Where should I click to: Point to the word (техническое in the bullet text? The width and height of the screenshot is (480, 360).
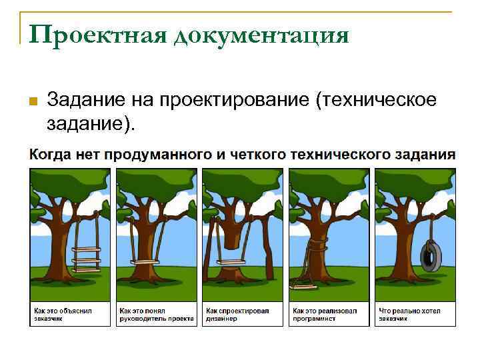coord(377,100)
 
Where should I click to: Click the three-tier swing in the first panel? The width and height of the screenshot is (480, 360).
coord(87,256)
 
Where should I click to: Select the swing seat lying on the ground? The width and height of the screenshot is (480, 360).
coord(304,286)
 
